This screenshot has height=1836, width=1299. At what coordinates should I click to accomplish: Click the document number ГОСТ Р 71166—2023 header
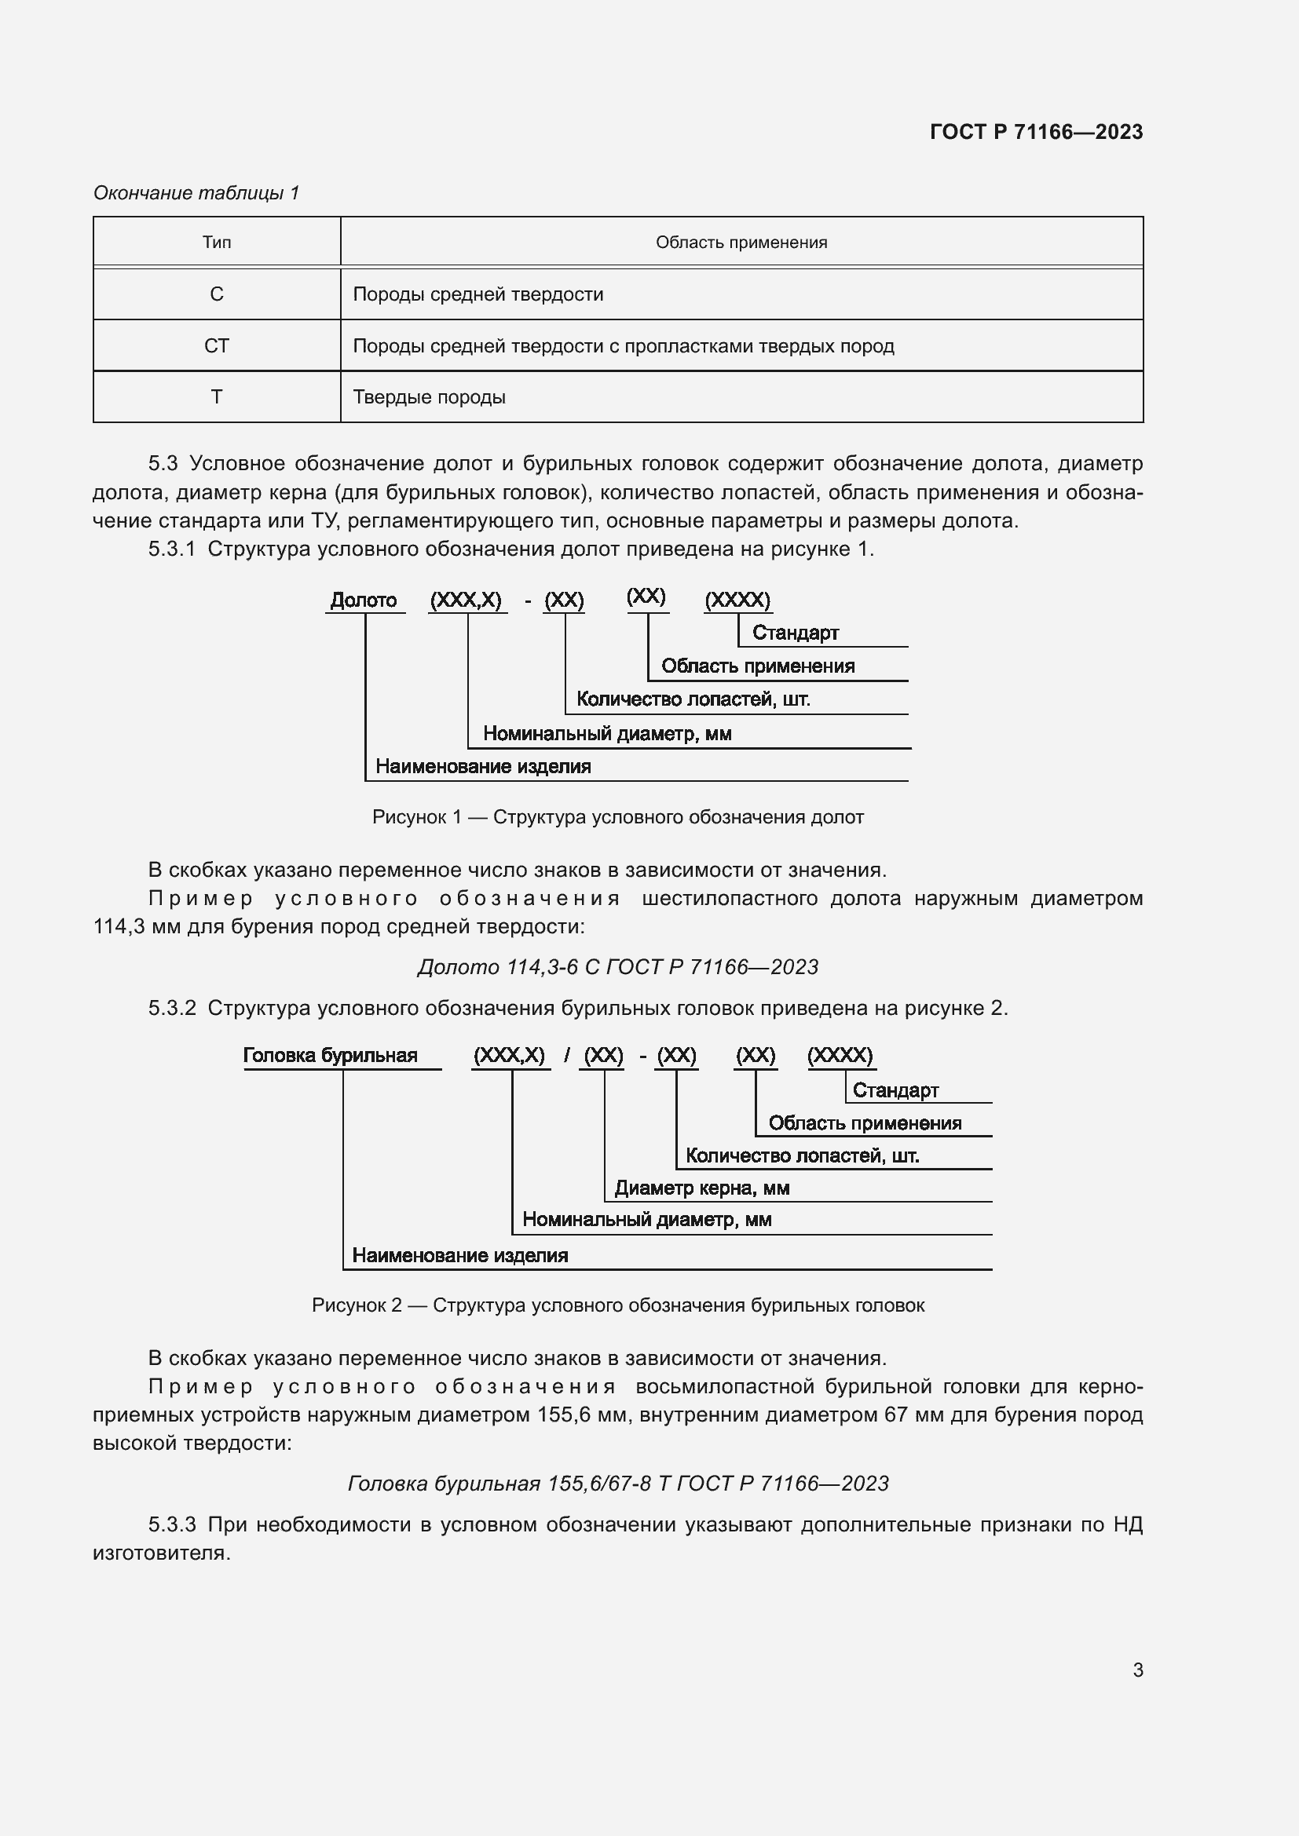(1036, 132)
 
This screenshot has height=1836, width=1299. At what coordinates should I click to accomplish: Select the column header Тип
(217, 243)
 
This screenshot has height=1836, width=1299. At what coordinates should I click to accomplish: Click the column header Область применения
(741, 243)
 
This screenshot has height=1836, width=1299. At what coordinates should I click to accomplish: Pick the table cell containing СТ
(217, 346)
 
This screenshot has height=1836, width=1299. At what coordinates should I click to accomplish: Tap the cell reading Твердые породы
(429, 397)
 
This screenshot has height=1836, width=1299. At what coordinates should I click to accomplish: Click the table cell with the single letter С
(217, 294)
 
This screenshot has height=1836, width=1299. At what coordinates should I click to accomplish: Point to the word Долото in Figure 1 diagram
(363, 600)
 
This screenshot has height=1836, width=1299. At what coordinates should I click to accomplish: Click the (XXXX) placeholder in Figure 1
(737, 600)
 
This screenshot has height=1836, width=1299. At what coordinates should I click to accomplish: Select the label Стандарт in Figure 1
(795, 633)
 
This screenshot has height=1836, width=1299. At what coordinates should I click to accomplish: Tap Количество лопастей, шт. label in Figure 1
(693, 699)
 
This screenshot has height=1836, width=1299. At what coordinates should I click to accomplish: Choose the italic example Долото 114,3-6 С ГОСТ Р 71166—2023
(617, 968)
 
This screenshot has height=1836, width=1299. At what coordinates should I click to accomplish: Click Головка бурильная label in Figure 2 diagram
(331, 1056)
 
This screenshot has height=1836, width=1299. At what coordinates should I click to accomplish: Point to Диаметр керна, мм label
(701, 1188)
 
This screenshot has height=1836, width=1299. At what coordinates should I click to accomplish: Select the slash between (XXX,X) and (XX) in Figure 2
(567, 1056)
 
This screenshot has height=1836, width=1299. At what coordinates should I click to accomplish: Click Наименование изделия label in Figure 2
(460, 1255)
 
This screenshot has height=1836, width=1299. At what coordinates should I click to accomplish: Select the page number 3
(1137, 1670)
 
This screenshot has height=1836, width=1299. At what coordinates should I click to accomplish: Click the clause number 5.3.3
(172, 1525)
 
